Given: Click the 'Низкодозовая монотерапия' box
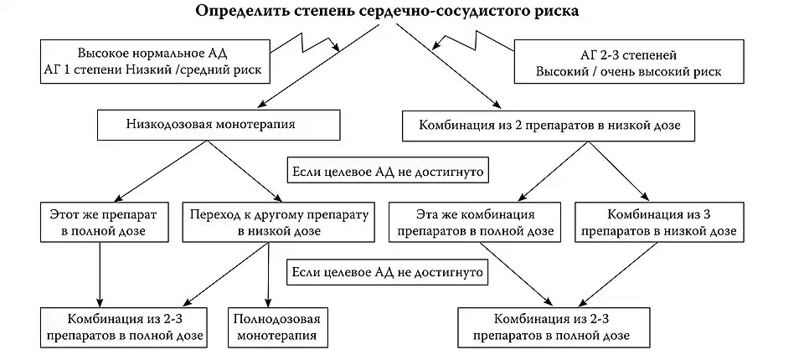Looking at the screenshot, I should (x=219, y=126).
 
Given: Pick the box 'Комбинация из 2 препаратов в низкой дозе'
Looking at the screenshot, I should (x=548, y=126).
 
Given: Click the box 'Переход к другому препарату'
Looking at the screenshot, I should (x=279, y=220).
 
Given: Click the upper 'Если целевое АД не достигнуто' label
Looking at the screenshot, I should (x=388, y=171).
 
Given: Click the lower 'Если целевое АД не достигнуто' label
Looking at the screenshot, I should (x=388, y=273).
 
